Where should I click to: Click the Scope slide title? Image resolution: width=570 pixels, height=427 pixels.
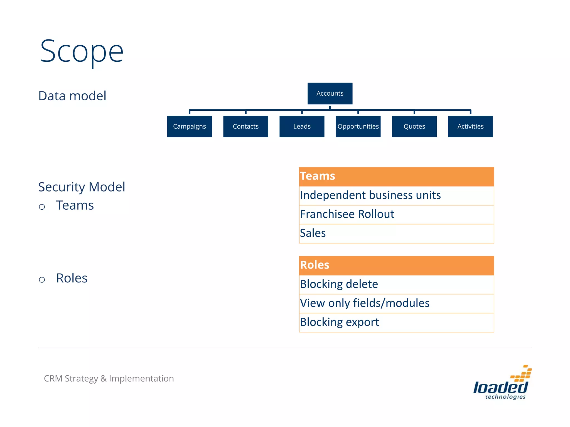[x=82, y=52]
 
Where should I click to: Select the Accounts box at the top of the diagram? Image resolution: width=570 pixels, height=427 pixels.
[x=330, y=93]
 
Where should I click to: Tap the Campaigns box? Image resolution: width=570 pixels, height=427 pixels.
[x=189, y=126]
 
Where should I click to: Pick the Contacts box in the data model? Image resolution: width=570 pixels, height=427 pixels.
[x=245, y=126]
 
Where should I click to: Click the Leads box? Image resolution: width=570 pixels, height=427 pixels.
[x=302, y=126]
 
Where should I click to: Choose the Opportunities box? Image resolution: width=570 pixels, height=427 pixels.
[x=358, y=126]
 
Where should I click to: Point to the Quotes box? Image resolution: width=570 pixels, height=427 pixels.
[x=414, y=126]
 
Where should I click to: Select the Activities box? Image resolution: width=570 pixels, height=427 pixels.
[x=470, y=126]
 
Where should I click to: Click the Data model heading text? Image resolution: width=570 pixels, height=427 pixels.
[x=72, y=96]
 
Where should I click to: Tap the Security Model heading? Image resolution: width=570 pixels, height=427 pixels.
[x=82, y=187]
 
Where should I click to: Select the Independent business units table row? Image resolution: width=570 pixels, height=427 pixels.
[x=396, y=195]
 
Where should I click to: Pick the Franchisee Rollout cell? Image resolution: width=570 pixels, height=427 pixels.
[x=396, y=214]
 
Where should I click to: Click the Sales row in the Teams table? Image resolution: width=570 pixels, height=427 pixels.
[x=396, y=233]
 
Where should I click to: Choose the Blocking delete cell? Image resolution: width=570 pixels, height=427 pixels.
[x=396, y=284]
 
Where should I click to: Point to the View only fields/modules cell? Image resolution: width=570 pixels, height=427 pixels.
[x=396, y=303]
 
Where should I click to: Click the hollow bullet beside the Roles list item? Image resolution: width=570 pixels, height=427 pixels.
[x=42, y=280]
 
